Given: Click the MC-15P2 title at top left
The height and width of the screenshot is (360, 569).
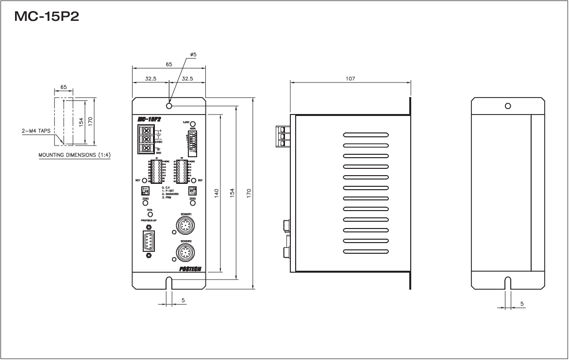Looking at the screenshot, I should (x=47, y=16).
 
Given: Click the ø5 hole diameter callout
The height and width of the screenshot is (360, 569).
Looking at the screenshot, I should (x=193, y=55).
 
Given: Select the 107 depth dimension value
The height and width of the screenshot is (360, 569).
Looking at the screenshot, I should (x=350, y=78).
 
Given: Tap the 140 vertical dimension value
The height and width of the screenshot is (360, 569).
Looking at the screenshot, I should (x=217, y=193).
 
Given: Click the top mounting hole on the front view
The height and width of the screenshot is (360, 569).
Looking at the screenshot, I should (x=168, y=106).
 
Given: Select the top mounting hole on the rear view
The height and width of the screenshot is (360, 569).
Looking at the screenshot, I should (x=507, y=106).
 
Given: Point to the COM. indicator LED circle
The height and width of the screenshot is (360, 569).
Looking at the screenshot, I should (x=150, y=214).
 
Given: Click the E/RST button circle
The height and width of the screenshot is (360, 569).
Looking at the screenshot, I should (x=192, y=124).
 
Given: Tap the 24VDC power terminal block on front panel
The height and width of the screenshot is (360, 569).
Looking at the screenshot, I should (x=146, y=140).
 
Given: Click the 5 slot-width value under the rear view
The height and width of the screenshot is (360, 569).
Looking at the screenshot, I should (x=522, y=304).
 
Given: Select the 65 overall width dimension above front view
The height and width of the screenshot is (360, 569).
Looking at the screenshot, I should (x=168, y=64).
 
